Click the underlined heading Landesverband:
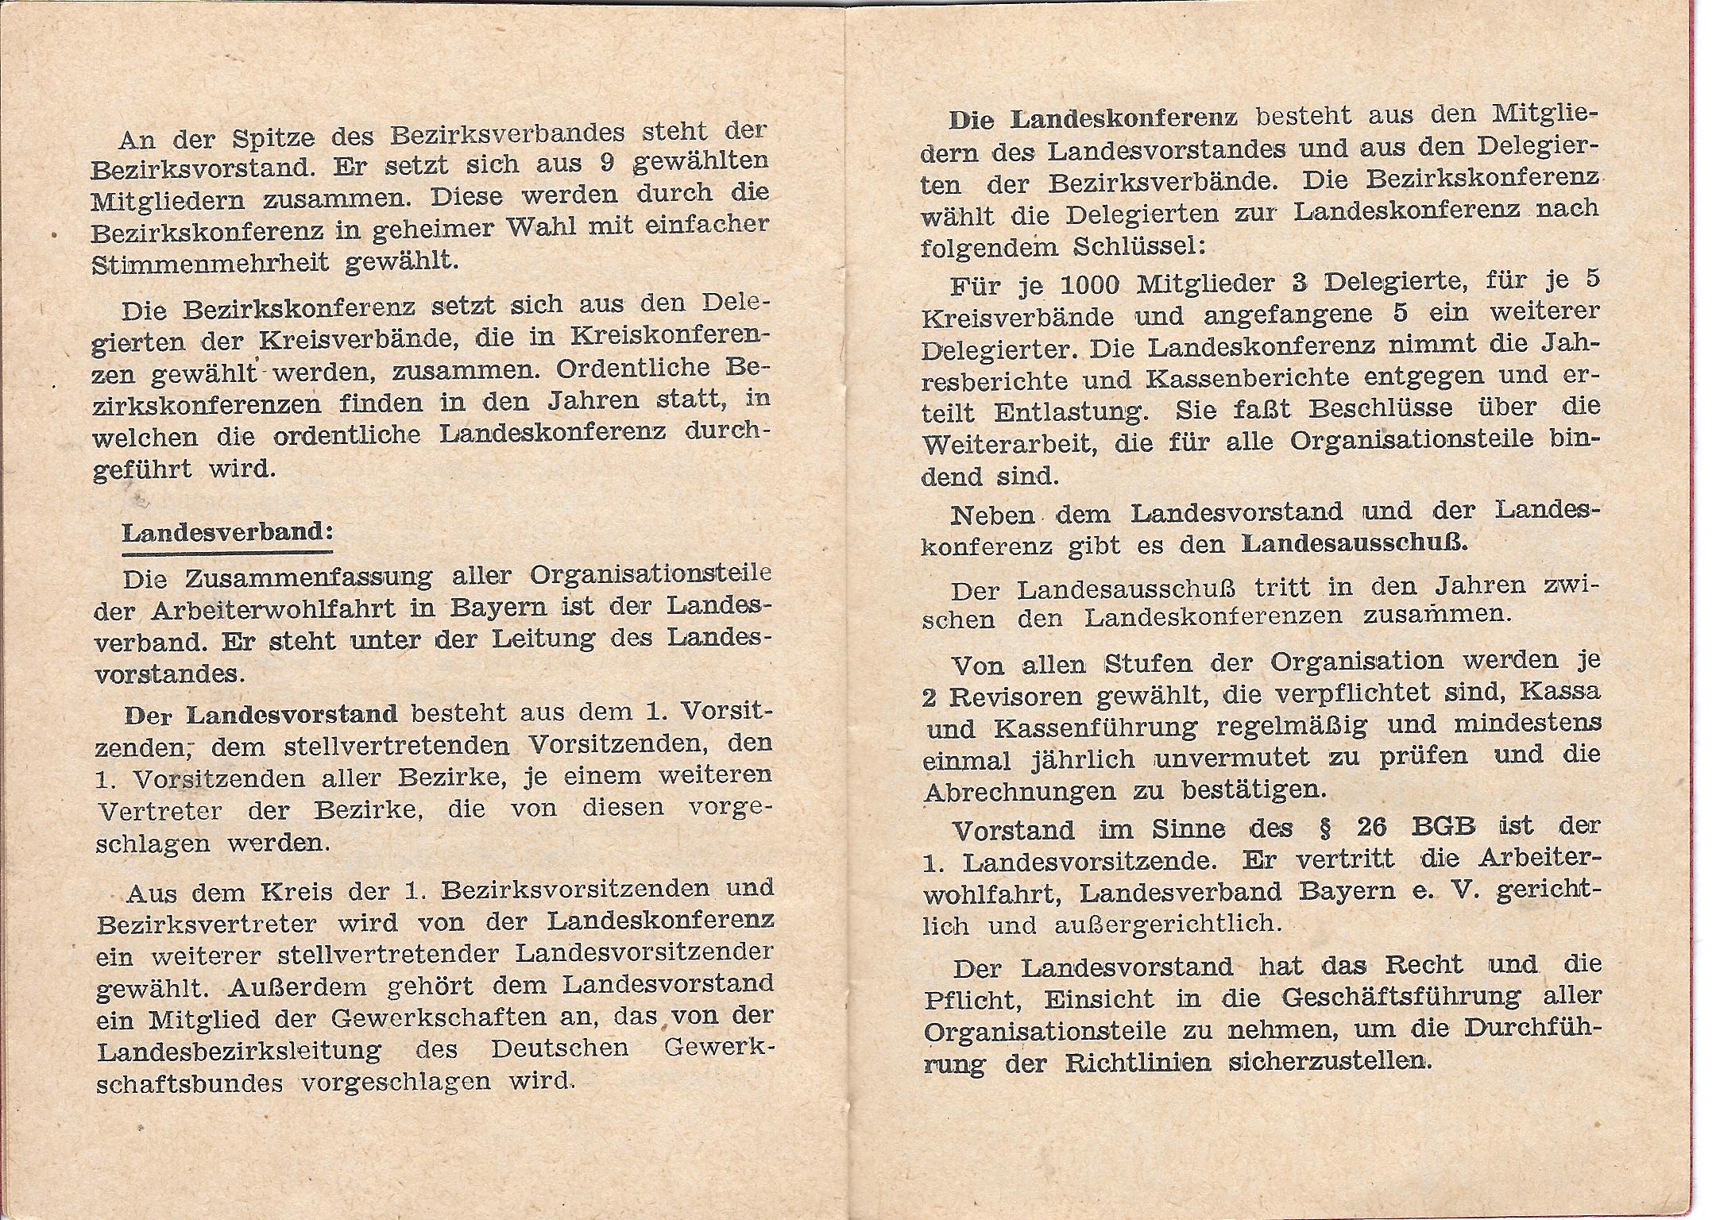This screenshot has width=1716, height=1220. [x=227, y=532]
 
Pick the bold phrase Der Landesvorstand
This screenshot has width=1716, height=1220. [x=261, y=713]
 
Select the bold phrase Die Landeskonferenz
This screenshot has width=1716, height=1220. [x=1093, y=118]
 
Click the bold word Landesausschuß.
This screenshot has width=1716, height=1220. [x=1355, y=544]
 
